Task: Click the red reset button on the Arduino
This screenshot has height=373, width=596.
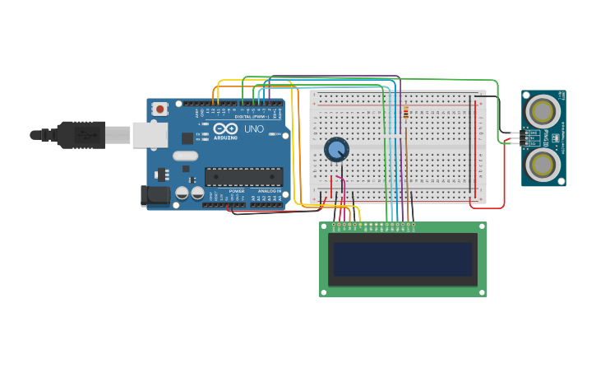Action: tap(159, 108)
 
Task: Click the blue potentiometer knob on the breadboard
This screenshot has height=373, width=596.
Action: tap(336, 149)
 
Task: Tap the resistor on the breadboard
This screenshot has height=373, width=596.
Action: tap(405, 114)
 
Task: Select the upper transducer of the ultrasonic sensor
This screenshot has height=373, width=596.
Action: tap(543, 110)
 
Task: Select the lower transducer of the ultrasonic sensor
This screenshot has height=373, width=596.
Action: tap(543, 165)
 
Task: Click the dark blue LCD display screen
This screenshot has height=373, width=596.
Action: tap(403, 259)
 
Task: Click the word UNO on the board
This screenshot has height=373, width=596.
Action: tap(254, 128)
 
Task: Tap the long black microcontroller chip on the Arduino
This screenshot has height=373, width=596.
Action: tap(243, 177)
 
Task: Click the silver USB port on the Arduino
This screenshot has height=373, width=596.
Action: tap(150, 135)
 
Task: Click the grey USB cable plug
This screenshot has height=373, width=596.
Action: tap(82, 134)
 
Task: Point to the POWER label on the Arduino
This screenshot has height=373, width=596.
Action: tap(227, 191)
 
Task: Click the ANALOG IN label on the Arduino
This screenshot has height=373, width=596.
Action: tap(268, 191)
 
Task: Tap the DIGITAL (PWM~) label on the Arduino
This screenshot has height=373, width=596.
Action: tap(252, 117)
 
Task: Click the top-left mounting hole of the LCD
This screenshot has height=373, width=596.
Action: tap(324, 226)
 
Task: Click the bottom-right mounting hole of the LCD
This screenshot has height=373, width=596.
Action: tap(483, 291)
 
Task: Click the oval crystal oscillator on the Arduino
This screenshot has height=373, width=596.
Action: tap(186, 156)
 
